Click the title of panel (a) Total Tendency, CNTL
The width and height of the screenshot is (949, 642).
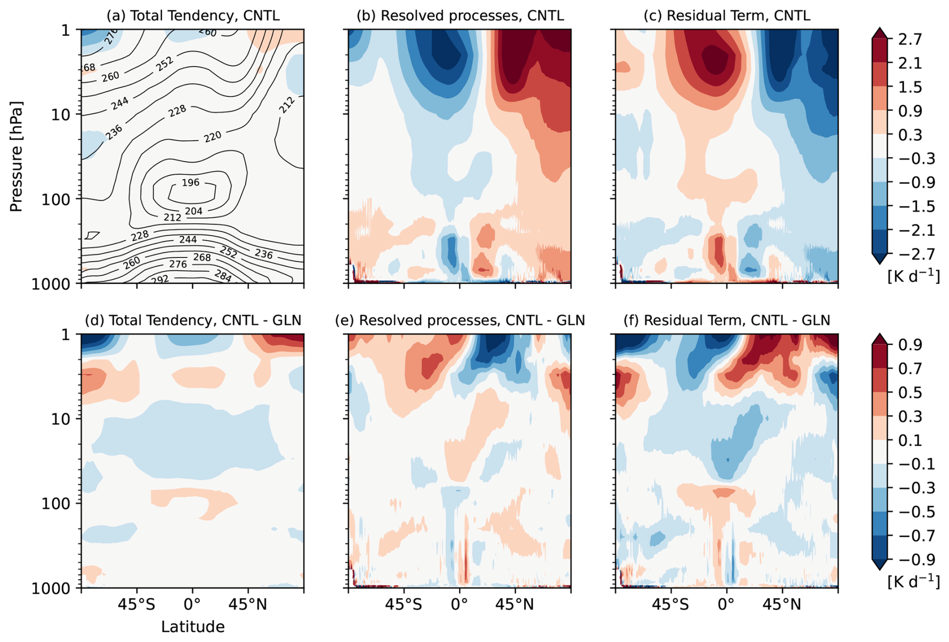point(193,16)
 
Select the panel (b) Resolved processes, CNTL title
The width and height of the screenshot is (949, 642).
point(460,16)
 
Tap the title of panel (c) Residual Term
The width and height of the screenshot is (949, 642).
point(727,16)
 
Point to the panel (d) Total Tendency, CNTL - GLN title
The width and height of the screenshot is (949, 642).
point(193,320)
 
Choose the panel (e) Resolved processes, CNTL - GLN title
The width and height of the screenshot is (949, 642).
point(460,320)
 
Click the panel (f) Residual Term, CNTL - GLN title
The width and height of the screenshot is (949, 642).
point(727,320)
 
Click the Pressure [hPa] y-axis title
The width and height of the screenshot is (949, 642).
point(17,157)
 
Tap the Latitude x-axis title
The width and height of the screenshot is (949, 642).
point(193,627)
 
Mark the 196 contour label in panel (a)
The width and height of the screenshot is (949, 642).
point(191,183)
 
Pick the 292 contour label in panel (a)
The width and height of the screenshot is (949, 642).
point(160,279)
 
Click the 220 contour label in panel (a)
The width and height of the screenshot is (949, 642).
point(213,137)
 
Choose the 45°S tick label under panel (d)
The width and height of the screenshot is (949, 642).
point(137,605)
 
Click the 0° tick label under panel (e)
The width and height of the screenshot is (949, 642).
point(460,605)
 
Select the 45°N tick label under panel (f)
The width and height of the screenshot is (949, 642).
point(782,605)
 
